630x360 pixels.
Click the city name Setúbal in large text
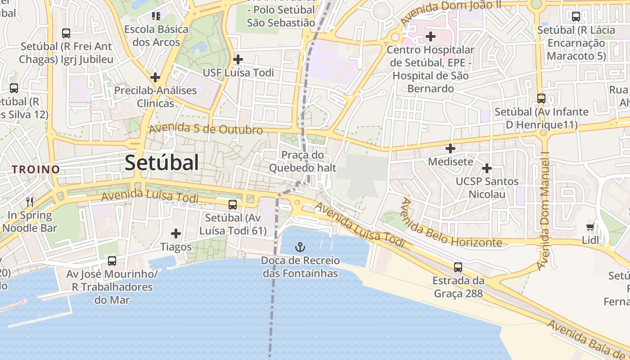pos(162,162)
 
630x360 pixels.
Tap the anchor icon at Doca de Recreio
pos(300,247)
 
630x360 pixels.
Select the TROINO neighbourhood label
pos(36,170)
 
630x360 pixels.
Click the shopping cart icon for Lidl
pos(590,227)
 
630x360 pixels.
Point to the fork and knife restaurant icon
pos(30,201)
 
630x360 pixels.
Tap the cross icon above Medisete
pos(450,148)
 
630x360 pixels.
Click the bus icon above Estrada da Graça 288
pos(458,267)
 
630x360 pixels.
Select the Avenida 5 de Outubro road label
pos(206,129)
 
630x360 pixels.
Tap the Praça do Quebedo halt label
pos(302,162)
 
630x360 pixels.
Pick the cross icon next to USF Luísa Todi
pos(238,59)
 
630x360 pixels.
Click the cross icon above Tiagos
pos(176,234)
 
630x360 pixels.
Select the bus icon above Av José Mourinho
pos(112,261)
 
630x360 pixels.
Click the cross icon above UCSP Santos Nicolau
pos(487,168)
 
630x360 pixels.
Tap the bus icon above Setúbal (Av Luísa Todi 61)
pos(233,205)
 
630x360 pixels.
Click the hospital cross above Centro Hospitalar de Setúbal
pos(431,36)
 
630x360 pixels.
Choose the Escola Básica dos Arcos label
pos(156,36)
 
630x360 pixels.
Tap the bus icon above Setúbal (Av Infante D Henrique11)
pos(541,98)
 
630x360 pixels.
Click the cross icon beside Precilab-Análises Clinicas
pos(155,77)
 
